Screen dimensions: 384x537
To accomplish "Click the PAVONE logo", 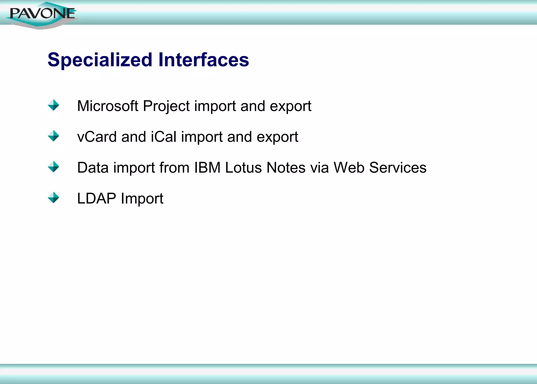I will (x=42, y=14).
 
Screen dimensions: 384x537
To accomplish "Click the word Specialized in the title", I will (x=100, y=60).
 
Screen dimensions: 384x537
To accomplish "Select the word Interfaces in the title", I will (x=203, y=60).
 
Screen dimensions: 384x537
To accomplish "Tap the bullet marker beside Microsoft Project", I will (x=53, y=105).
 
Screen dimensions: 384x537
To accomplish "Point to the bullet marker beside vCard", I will (x=53, y=136).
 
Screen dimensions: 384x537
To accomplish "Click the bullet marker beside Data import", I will (x=53, y=167).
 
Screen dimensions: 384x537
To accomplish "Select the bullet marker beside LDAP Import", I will (x=53, y=198).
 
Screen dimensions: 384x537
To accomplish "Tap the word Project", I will (x=166, y=106).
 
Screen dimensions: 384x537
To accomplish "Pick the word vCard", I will (x=97, y=137).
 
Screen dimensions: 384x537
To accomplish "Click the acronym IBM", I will (x=207, y=168).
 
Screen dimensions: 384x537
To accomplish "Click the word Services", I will (x=398, y=168).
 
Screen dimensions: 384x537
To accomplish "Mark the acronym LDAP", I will (x=96, y=198).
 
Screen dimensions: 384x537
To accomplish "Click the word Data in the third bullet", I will (x=93, y=168).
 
